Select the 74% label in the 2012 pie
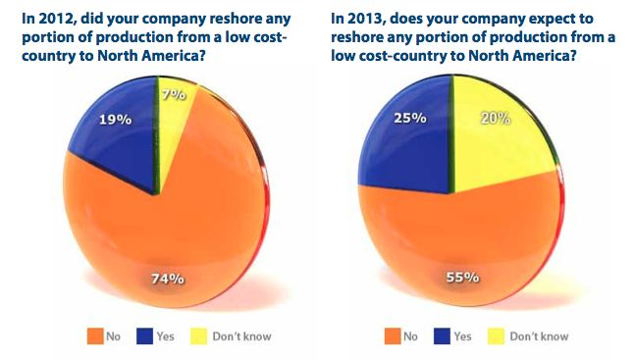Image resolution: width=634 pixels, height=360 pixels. pos(167,279)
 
